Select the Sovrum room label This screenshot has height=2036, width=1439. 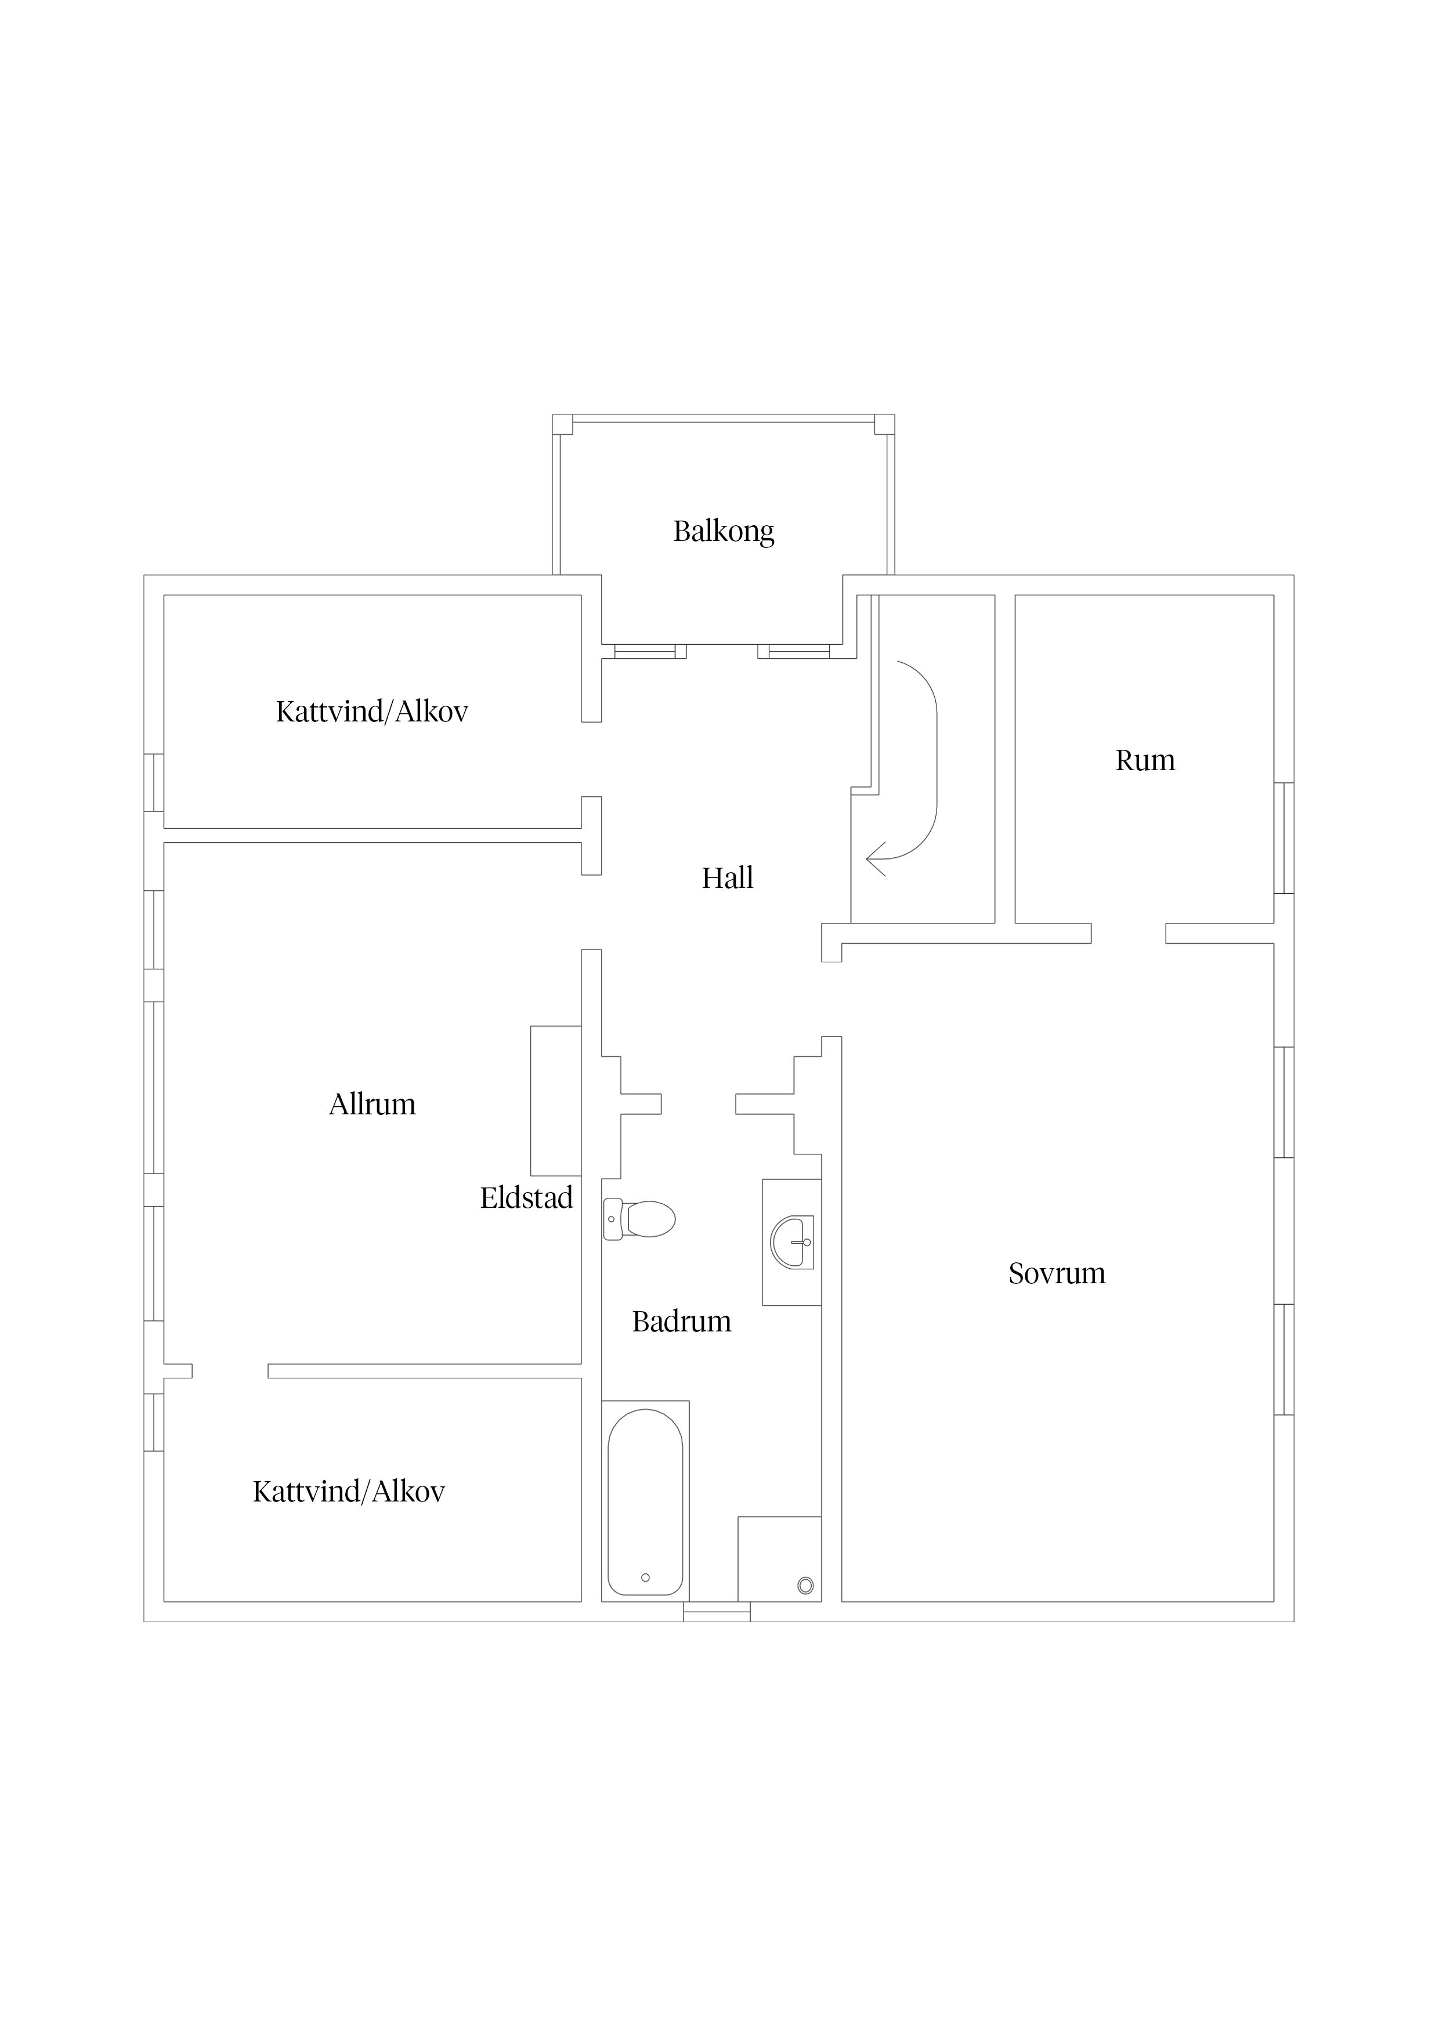1057,1273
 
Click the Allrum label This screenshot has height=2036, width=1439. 373,1104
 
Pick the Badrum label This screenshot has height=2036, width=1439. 682,1322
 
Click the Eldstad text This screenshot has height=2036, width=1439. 527,1197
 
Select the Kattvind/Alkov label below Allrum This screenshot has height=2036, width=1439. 349,1492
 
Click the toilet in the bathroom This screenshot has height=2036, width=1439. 639,1218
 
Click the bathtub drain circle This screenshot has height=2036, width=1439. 645,1577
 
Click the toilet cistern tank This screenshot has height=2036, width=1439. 612,1218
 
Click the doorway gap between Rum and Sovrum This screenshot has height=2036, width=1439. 1128,933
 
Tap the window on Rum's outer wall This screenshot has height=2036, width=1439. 1284,838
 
